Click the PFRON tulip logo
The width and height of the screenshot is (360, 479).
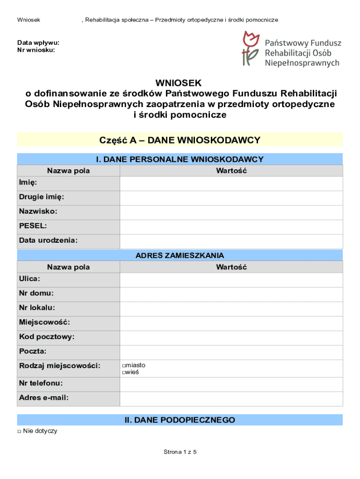click(250, 48)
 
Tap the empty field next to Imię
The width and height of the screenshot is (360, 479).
click(231, 183)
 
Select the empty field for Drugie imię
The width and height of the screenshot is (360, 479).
click(231, 198)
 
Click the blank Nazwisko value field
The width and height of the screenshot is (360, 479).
click(231, 212)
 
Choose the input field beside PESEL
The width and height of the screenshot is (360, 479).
click(231, 227)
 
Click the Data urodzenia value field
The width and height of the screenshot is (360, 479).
click(231, 241)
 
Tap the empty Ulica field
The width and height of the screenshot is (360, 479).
click(231, 280)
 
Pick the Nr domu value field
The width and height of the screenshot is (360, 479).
click(231, 294)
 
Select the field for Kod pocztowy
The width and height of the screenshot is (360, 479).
click(231, 338)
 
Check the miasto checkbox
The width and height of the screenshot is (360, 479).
click(124, 366)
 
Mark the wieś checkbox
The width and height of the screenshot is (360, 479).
click(124, 373)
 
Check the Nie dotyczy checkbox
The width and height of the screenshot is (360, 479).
click(19, 431)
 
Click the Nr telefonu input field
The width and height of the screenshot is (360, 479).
click(231, 384)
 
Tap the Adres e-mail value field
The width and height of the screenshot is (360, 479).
click(231, 399)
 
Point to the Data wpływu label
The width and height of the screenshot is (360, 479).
click(38, 43)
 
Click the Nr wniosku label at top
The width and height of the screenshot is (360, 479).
click(36, 50)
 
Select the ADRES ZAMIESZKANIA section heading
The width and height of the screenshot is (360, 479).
click(180, 255)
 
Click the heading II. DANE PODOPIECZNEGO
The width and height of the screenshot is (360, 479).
click(180, 420)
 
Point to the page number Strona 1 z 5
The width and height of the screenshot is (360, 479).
click(180, 452)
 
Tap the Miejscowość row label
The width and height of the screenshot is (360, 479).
click(44, 322)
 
